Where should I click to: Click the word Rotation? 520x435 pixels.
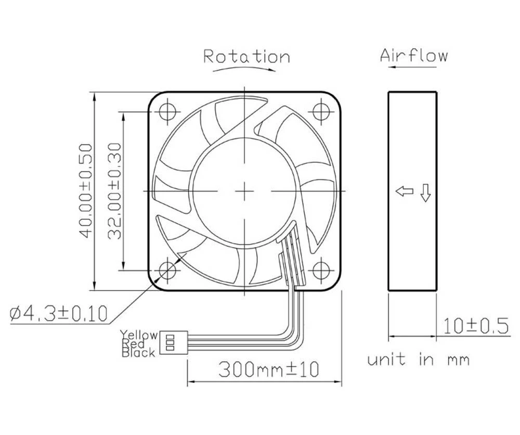pos(246,56)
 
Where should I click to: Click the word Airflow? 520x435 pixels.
pos(413,55)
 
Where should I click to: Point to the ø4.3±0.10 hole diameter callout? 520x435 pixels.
pos(59,313)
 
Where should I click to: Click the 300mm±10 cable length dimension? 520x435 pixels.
pos(268,369)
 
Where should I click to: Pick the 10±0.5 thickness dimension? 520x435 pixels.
pos(475,326)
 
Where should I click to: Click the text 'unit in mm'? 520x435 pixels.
pos(419,360)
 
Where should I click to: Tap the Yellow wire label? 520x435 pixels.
pos(138,335)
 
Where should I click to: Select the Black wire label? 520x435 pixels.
pos(138,353)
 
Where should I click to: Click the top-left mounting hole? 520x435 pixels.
pos(168,111)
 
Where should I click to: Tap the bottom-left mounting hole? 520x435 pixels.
pos(168,270)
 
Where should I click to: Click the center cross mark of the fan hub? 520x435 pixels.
pos(244,191)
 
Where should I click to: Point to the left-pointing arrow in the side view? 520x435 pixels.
pos(405,191)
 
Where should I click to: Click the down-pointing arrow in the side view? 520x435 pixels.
pos(425,193)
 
